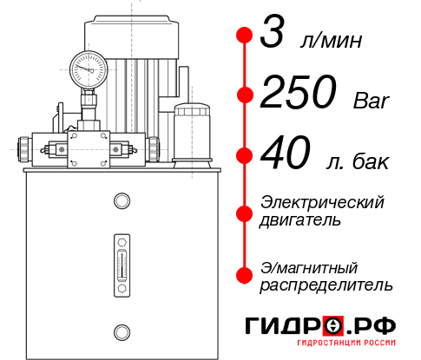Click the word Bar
pyautogui.click(x=372, y=101)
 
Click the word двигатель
pyautogui.click(x=300, y=219)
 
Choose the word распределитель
pyautogui.click(x=326, y=285)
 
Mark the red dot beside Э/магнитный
pyautogui.click(x=245, y=275)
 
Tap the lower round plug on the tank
pyautogui.click(x=121, y=331)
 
